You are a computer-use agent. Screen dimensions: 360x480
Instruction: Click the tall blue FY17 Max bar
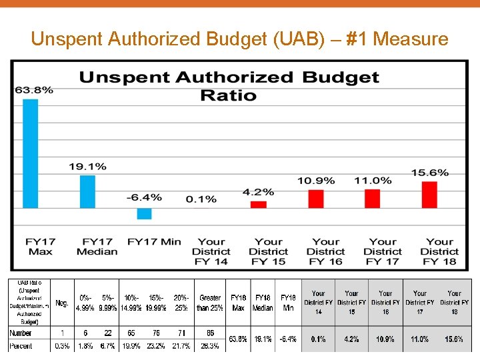(x=31, y=153)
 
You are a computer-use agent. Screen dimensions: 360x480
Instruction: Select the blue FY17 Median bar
(x=87, y=191)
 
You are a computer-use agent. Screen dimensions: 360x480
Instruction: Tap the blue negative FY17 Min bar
(x=144, y=213)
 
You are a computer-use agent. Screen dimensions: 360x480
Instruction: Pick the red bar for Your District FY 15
(x=258, y=205)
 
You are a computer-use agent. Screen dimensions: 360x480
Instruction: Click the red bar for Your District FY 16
(x=315, y=199)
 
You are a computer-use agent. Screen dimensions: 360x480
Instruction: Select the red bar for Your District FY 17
(x=372, y=199)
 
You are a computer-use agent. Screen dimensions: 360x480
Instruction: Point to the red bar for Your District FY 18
(x=429, y=195)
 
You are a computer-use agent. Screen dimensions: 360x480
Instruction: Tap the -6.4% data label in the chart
(x=144, y=197)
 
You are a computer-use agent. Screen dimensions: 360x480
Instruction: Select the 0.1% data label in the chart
(x=201, y=199)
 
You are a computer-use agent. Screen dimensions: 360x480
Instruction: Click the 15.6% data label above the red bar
(x=429, y=173)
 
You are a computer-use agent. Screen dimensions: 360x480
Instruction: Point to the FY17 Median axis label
(x=97, y=247)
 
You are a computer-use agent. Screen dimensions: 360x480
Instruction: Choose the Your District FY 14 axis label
(x=211, y=251)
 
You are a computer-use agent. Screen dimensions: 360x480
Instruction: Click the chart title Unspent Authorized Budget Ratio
(x=229, y=86)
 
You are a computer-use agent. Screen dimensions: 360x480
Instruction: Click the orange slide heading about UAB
(x=239, y=39)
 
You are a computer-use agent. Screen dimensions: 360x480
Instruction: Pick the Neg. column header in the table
(x=61, y=303)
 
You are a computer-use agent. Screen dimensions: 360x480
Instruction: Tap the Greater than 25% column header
(x=209, y=303)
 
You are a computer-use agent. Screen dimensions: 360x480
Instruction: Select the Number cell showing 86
(x=209, y=333)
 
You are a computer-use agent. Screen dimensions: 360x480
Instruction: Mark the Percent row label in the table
(x=21, y=347)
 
